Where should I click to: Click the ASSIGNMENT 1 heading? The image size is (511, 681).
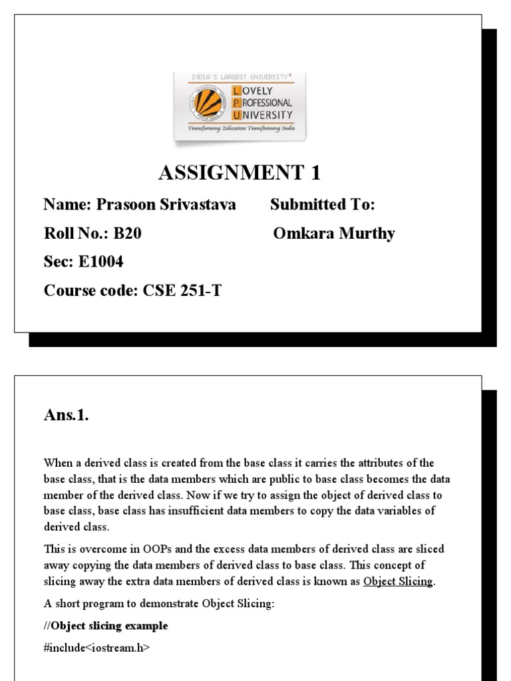click(x=240, y=174)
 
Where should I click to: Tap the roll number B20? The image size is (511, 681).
click(x=128, y=233)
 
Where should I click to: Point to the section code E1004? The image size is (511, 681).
click(x=101, y=262)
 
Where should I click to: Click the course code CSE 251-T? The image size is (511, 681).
click(x=182, y=291)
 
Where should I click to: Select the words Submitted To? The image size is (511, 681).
click(x=323, y=205)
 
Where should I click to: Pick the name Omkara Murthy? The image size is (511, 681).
click(x=334, y=233)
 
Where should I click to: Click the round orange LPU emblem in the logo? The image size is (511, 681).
click(x=208, y=102)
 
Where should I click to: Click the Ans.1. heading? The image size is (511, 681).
click(x=66, y=416)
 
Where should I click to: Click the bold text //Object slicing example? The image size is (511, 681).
click(x=106, y=626)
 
